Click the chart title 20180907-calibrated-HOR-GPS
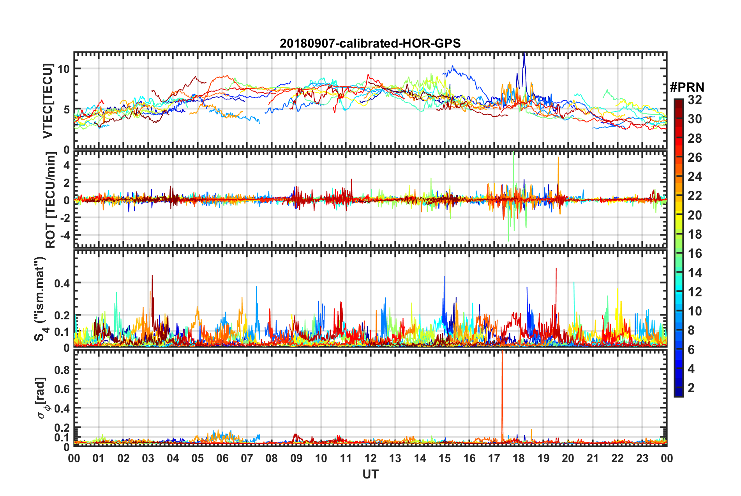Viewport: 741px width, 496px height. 370,43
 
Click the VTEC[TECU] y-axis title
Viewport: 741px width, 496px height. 48,101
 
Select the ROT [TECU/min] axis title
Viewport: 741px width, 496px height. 51,200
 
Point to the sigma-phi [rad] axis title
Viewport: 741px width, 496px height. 42,398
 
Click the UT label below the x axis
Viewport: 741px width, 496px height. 370,474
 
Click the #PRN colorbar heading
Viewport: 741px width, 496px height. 687,87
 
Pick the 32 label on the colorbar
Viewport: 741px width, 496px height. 695,100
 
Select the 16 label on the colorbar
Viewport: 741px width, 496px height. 695,253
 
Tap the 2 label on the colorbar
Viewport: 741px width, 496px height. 691,388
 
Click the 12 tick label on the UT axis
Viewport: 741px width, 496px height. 370,458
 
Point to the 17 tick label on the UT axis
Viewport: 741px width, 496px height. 494,458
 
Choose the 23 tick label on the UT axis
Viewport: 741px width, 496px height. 642,458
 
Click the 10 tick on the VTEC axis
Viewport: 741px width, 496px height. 64,69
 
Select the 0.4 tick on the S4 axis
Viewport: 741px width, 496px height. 62,283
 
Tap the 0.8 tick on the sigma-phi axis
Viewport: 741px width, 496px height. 62,370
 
